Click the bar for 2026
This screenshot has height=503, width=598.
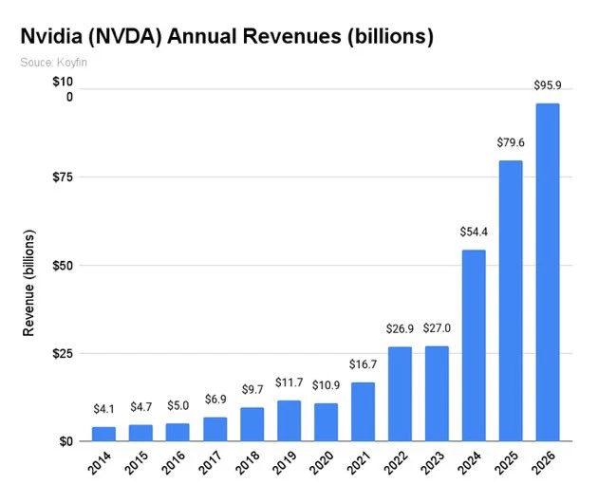pos(548,272)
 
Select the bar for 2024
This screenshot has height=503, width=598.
pos(474,345)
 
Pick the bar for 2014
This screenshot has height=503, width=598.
pos(103,434)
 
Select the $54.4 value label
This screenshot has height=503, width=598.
pos(474,232)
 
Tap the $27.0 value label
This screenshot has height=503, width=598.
pos(437,328)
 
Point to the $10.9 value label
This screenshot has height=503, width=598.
pos(326,385)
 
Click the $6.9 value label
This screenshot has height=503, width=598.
pos(215,400)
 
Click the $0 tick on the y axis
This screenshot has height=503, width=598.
pos(64,442)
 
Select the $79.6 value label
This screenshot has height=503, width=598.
pos(511,142)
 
